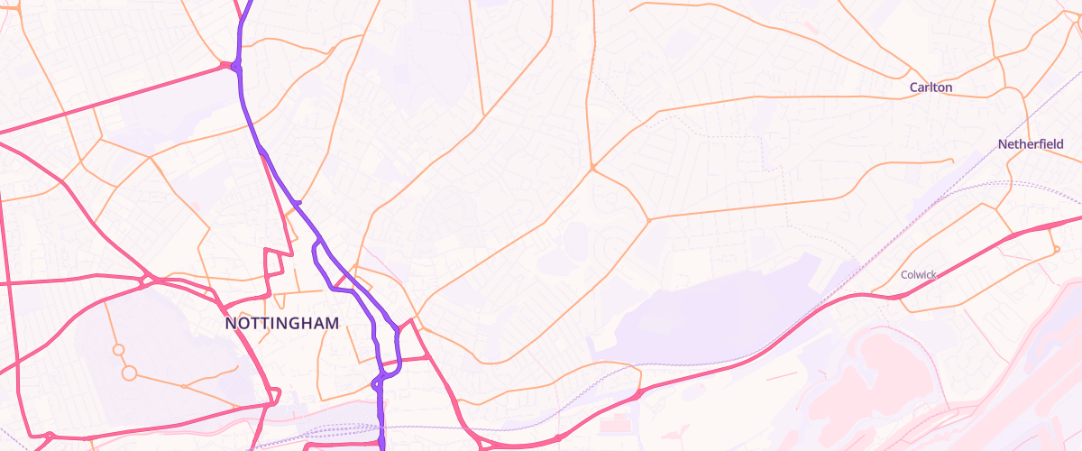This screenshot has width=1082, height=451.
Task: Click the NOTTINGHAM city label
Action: click(x=282, y=323)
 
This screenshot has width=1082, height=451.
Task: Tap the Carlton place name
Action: click(x=931, y=87)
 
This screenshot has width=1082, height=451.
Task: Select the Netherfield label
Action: click(x=1031, y=144)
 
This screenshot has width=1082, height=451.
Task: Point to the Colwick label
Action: click(x=920, y=274)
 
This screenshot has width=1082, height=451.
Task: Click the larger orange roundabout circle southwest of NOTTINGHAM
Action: click(x=129, y=373)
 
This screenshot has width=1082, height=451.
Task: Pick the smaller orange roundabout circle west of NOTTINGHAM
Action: click(x=118, y=349)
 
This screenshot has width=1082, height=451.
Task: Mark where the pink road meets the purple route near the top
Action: click(x=235, y=66)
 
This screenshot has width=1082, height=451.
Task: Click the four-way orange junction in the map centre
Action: click(x=592, y=168)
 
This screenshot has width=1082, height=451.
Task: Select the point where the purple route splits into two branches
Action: click(x=318, y=241)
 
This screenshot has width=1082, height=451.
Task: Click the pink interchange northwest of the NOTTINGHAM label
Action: click(x=146, y=279)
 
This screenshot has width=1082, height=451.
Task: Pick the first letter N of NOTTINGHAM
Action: click(x=230, y=323)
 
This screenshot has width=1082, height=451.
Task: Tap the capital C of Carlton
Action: click(x=913, y=87)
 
